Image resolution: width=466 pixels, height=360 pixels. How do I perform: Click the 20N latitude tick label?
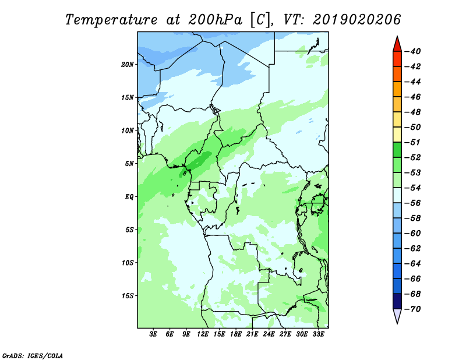(x=128, y=64)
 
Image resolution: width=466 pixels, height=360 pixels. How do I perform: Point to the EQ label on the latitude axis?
(x=129, y=196)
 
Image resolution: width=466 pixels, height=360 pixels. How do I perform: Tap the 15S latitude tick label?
(x=128, y=296)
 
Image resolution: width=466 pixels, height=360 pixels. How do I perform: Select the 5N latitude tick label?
(x=129, y=164)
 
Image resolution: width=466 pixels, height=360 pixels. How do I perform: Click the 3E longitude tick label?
(x=153, y=334)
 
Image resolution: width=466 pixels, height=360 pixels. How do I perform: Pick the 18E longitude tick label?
(x=236, y=334)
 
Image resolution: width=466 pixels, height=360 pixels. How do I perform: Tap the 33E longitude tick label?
(x=318, y=334)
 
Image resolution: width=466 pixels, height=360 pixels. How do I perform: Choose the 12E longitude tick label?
(x=203, y=334)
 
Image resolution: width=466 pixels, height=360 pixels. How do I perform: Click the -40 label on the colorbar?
(x=413, y=51)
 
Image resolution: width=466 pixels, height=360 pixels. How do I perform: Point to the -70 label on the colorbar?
(x=413, y=309)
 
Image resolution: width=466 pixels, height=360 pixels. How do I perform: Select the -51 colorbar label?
(x=413, y=142)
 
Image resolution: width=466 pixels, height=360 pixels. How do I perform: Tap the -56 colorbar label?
(x=413, y=203)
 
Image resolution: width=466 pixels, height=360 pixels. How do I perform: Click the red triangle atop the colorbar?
(x=397, y=45)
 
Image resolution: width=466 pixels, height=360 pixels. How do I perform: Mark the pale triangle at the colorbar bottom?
(x=397, y=315)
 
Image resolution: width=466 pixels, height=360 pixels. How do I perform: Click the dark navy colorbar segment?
(x=397, y=301)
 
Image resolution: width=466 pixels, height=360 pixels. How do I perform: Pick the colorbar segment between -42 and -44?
(x=397, y=74)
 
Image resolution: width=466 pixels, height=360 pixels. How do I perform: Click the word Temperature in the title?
(x=111, y=20)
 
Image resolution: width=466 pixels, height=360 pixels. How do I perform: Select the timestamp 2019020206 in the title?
(x=356, y=20)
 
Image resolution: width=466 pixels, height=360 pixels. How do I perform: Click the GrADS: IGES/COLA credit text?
(x=33, y=355)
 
